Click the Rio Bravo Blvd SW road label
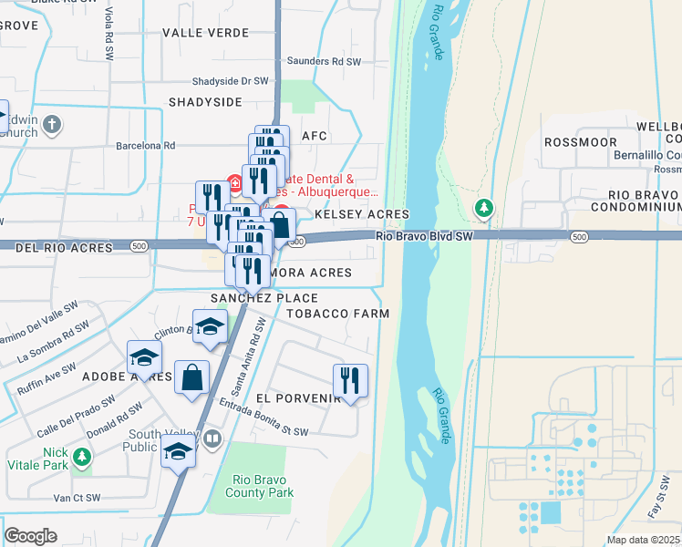pyautogui.click(x=424, y=235)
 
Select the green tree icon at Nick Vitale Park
pyautogui.click(x=82, y=456)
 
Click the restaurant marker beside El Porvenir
pyautogui.click(x=350, y=380)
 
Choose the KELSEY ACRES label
pyautogui.click(x=361, y=214)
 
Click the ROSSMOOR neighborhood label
pyautogui.click(x=580, y=142)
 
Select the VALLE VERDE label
pyautogui.click(x=200, y=32)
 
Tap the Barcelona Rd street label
pyautogui.click(x=145, y=145)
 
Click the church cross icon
pyautogui.click(x=53, y=125)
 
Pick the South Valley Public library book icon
pyautogui.click(x=212, y=439)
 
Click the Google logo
pyautogui.click(x=30, y=535)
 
